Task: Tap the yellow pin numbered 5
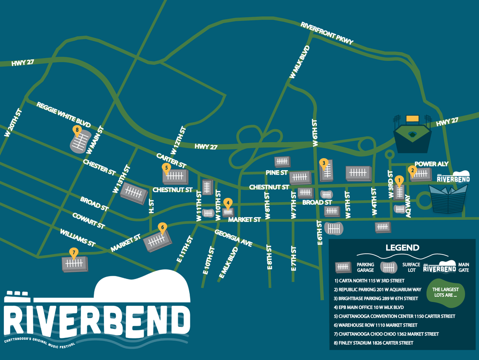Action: point(166,167)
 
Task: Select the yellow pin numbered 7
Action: point(73,252)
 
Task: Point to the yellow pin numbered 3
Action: point(324,163)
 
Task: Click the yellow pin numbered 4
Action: point(228,202)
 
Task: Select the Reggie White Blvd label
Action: point(63,114)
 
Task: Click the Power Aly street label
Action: point(432,164)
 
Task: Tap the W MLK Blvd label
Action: point(300,62)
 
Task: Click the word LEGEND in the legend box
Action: point(402,248)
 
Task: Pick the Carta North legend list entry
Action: point(370,280)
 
